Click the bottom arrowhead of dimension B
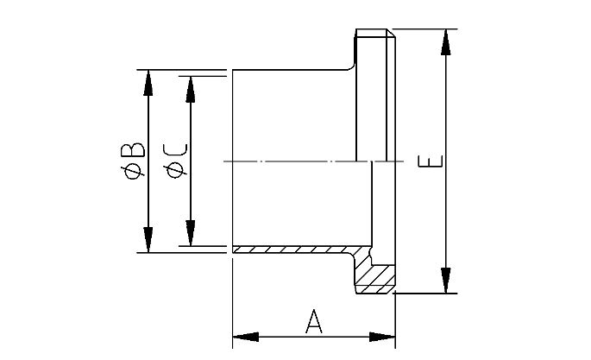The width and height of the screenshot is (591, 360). (148, 241)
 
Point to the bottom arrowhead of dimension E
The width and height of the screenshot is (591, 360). (445, 282)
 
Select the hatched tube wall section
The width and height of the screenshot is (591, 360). (293, 249)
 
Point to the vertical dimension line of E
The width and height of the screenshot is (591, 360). (445, 216)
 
